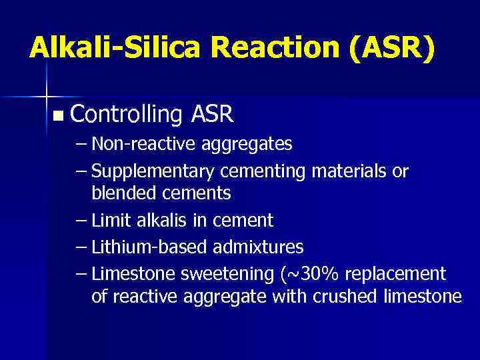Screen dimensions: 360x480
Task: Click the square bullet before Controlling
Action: coord(58,116)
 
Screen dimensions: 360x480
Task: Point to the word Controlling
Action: coord(126,115)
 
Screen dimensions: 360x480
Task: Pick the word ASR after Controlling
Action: coord(211,115)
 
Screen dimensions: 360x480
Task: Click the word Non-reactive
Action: coord(136,143)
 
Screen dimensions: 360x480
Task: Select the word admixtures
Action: coord(259,247)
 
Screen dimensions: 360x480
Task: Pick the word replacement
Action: coord(396,274)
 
